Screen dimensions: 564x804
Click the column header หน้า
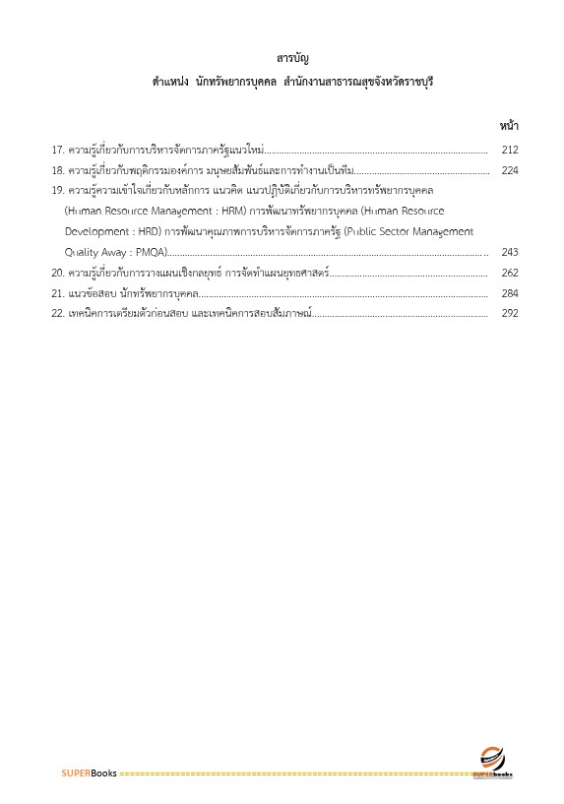(x=509, y=125)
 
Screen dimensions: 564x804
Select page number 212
(x=509, y=150)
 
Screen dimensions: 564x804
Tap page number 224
(x=509, y=170)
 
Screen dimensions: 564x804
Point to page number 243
(x=509, y=252)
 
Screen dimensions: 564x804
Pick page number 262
(x=509, y=273)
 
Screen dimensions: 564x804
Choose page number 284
(x=509, y=293)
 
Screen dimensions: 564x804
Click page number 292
(x=509, y=314)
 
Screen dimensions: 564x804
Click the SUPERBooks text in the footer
(x=89, y=773)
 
